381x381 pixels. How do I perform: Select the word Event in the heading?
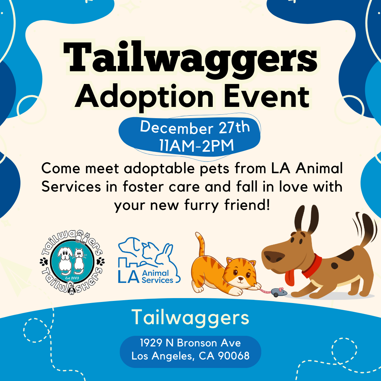pyautogui.click(x=267, y=96)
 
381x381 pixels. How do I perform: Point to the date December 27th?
pyautogui.click(x=195, y=127)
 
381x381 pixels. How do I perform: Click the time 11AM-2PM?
pyautogui.click(x=196, y=146)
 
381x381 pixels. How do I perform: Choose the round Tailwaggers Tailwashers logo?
pyautogui.click(x=72, y=262)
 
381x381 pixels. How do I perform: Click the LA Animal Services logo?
pyautogui.click(x=149, y=260)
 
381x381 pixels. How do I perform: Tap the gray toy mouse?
pyautogui.click(x=278, y=292)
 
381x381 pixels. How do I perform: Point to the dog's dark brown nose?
pyautogui.click(x=274, y=256)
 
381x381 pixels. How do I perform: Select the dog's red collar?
pyautogui.click(x=314, y=266)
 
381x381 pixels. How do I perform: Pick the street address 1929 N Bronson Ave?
pyautogui.click(x=190, y=343)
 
